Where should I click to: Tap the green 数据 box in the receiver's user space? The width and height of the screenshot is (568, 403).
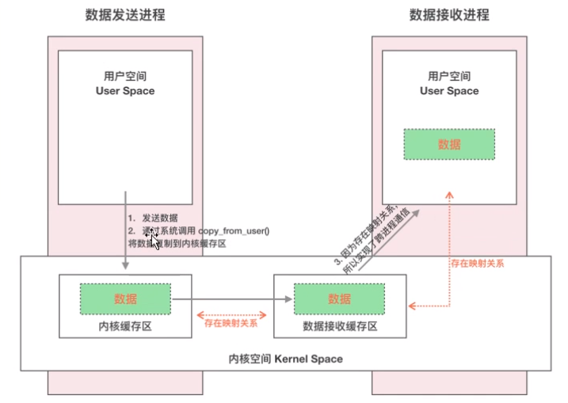click(x=449, y=145)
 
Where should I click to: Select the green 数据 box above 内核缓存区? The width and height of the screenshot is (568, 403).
click(x=124, y=299)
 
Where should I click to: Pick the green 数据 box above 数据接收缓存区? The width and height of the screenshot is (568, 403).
click(x=339, y=299)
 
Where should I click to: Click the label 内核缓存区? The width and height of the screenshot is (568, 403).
click(x=124, y=326)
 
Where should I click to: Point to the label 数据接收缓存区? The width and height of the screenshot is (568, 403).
click(x=339, y=326)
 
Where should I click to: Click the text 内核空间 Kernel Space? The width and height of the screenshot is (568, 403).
click(x=285, y=359)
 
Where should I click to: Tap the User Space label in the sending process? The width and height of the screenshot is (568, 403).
click(x=124, y=91)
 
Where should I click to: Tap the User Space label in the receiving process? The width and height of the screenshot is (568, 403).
click(x=449, y=91)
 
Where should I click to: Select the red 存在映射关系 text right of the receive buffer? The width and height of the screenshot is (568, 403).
click(x=477, y=262)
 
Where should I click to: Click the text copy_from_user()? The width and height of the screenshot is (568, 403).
click(x=234, y=230)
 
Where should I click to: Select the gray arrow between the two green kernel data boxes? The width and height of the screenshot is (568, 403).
click(x=230, y=299)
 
